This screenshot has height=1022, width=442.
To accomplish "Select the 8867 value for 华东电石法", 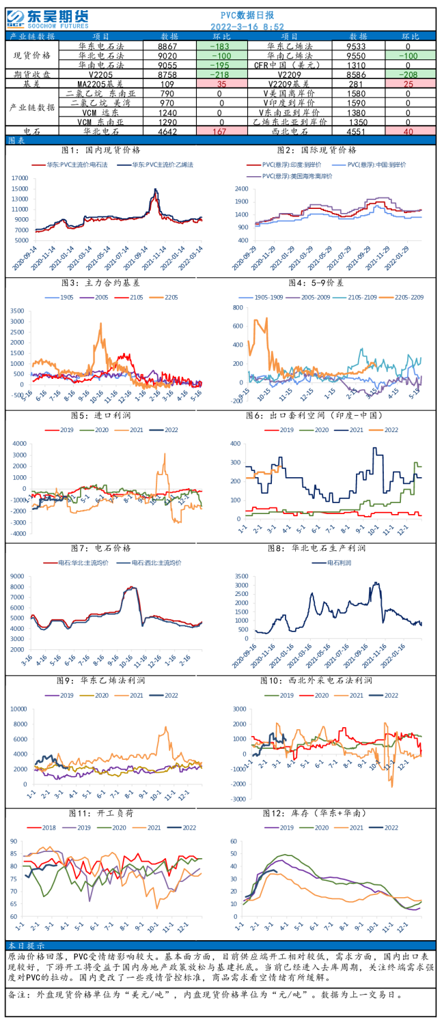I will click(167, 46).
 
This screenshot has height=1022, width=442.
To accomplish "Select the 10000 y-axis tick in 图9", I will click(18, 709).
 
